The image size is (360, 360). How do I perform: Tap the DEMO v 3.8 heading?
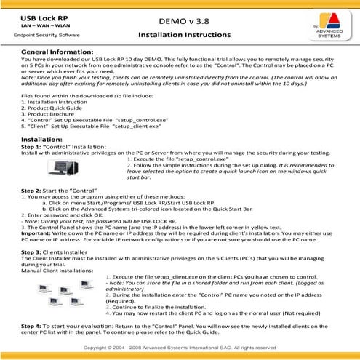pos(180,17)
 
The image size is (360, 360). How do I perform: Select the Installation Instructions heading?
pos(180,35)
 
